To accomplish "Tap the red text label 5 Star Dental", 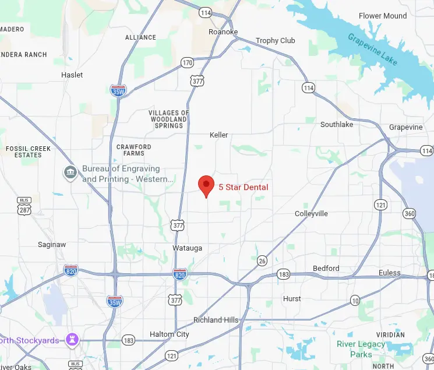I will click(x=244, y=187).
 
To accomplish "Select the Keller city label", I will click(x=218, y=135).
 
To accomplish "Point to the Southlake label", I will click(x=337, y=125).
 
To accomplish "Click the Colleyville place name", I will click(x=311, y=214).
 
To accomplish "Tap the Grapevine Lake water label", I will click(x=373, y=50).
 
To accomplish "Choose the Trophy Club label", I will click(x=276, y=41).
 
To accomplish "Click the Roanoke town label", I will click(x=223, y=32).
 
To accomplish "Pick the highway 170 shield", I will click(x=187, y=62).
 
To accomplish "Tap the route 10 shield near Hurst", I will click(x=355, y=301).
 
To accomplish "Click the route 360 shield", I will click(x=410, y=214).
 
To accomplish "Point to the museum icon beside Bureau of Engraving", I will click(x=70, y=173).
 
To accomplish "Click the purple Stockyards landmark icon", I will click(x=72, y=339).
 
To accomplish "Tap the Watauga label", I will click(x=187, y=248).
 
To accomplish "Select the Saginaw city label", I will click(x=52, y=245).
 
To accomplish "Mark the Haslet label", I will click(x=72, y=75).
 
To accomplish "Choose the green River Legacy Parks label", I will click(x=361, y=349).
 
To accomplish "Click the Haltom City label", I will click(x=170, y=334).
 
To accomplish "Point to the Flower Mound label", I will click(x=382, y=16).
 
